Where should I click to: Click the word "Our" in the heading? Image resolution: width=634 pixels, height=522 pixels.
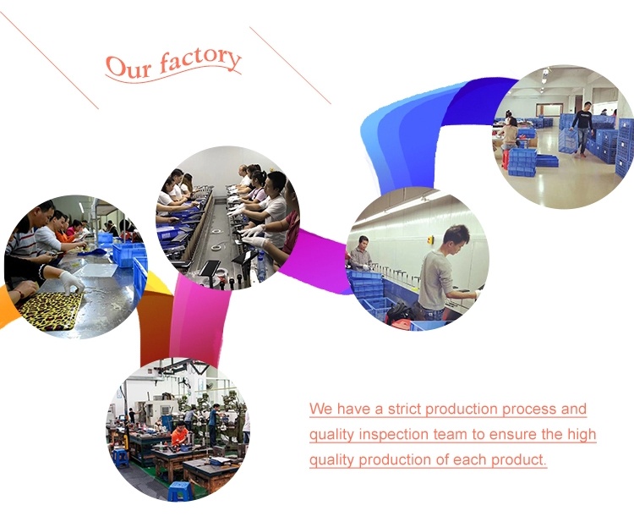tap(129, 67)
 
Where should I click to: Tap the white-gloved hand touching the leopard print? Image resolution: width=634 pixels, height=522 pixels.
tap(72, 281)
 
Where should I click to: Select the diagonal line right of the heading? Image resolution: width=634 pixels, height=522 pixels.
tap(290, 65)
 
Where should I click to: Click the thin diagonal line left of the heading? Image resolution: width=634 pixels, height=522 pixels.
tap(49, 60)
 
